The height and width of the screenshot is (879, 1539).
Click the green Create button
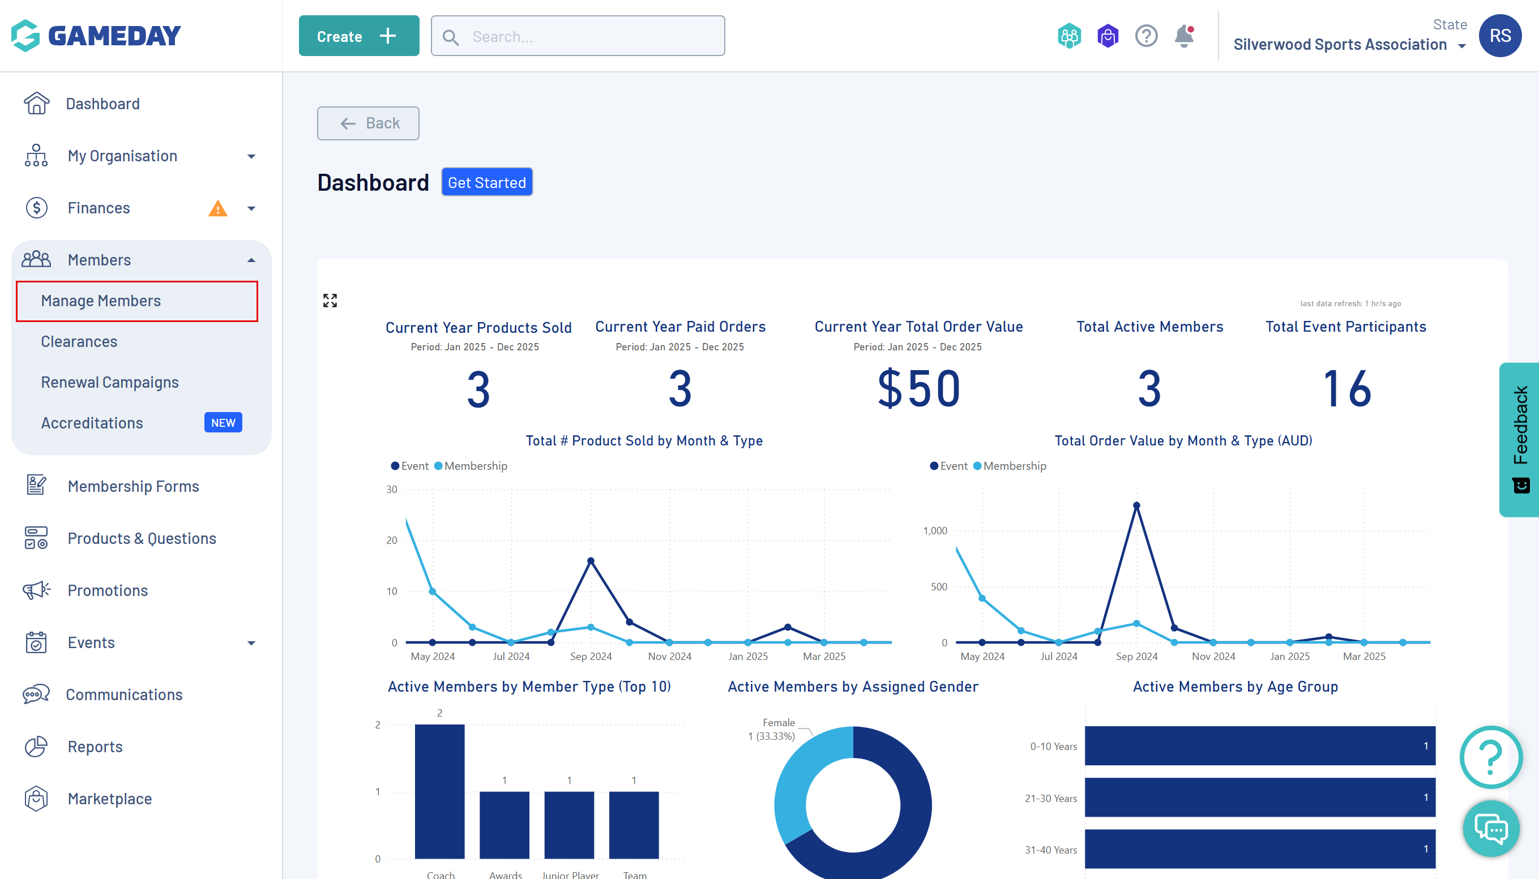(x=358, y=36)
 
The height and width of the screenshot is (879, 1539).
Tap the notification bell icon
(x=1183, y=36)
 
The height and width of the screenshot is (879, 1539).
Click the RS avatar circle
(x=1499, y=36)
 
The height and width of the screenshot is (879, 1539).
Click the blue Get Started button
(x=486, y=182)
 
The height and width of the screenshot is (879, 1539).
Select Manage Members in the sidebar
(x=101, y=301)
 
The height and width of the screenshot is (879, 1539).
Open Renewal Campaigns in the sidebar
(x=110, y=382)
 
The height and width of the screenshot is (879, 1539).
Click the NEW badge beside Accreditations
(x=223, y=423)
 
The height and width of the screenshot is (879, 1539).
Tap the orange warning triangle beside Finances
(x=217, y=209)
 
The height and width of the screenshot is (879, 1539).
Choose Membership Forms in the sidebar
(x=133, y=486)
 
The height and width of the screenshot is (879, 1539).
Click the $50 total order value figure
(x=918, y=389)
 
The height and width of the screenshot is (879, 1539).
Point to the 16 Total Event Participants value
(x=1346, y=389)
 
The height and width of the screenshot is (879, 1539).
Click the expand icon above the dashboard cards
(x=330, y=301)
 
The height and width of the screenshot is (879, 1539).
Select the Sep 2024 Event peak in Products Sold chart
(x=591, y=561)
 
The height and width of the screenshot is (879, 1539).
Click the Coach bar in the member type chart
(x=439, y=791)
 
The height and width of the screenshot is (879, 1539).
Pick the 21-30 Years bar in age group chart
(x=1259, y=797)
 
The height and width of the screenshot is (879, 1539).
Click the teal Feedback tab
(x=1520, y=439)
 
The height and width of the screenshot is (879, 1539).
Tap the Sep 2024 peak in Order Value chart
(x=1136, y=505)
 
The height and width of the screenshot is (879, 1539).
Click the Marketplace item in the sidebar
(x=109, y=799)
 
